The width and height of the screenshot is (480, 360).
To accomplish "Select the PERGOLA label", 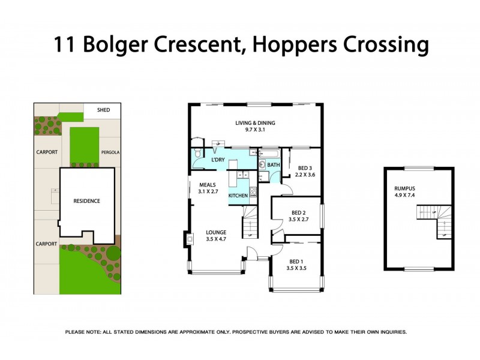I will pyautogui.click(x=110, y=152).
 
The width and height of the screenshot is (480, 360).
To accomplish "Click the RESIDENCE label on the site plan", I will pyautogui.click(x=86, y=201).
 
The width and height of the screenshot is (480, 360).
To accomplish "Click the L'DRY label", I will pyautogui.click(x=218, y=160).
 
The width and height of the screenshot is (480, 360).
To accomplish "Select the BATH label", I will pyautogui.click(x=274, y=165).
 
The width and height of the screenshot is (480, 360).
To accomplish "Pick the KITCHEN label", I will pyautogui.click(x=238, y=196).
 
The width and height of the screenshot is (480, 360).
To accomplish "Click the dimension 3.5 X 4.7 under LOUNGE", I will pyautogui.click(x=216, y=239).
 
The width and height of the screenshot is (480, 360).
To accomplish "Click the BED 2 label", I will pyautogui.click(x=299, y=213).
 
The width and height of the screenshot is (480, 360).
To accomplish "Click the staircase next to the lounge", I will pyautogui.click(x=250, y=225).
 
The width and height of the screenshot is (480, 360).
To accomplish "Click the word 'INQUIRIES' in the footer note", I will pyautogui.click(x=389, y=332).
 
